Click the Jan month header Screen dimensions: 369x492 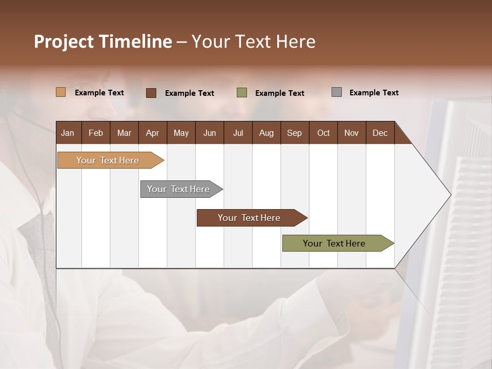(x=68, y=133)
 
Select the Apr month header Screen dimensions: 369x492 (x=153, y=133)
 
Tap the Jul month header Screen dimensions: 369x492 (x=238, y=133)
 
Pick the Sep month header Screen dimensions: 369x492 (x=294, y=133)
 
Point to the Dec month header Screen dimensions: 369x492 (x=380, y=133)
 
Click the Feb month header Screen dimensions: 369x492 (x=96, y=133)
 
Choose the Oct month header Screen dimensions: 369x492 (x=323, y=133)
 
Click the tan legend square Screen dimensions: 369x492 (x=60, y=92)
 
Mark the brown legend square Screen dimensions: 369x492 (x=151, y=93)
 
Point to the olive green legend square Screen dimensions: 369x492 (x=242, y=93)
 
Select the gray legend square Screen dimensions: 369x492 (x=337, y=92)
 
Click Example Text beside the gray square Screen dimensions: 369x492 (x=374, y=93)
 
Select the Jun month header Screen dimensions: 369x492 (x=210, y=133)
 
